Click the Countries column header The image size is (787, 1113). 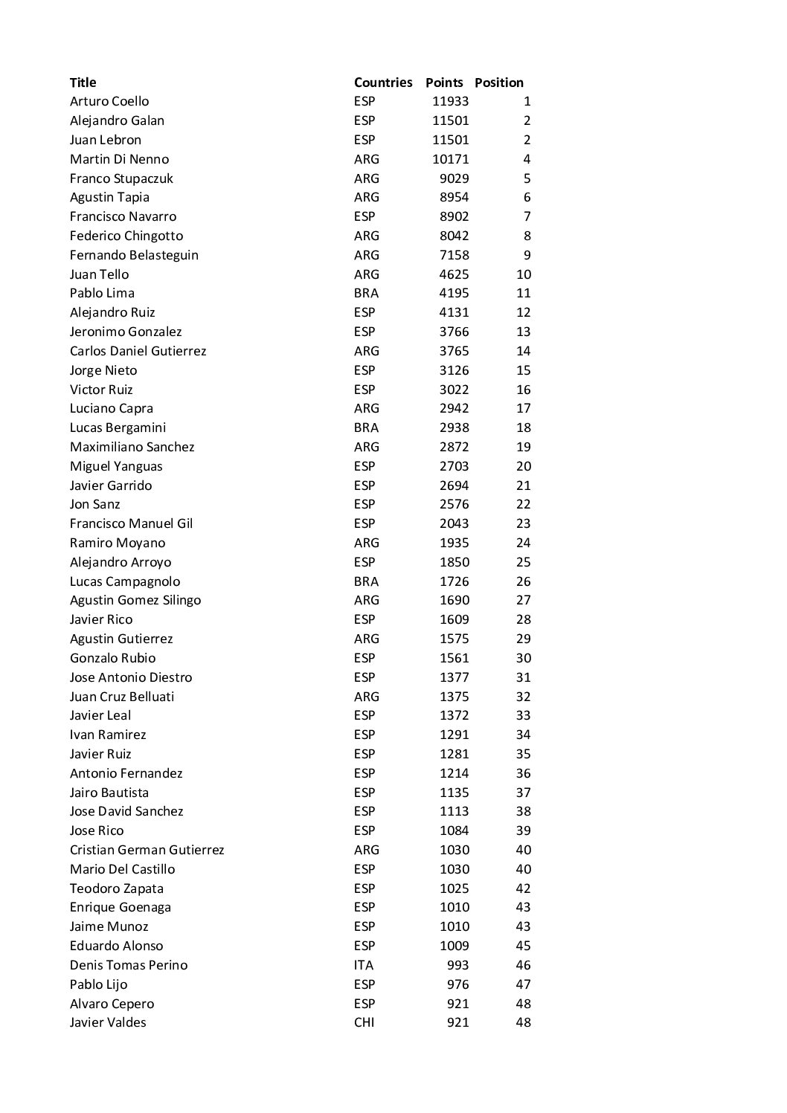pyautogui.click(x=382, y=83)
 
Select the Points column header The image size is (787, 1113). pyautogui.click(x=444, y=83)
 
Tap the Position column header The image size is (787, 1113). pyautogui.click(x=498, y=83)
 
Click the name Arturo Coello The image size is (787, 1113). pyautogui.click(x=109, y=101)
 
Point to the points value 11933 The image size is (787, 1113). pyautogui.click(x=450, y=101)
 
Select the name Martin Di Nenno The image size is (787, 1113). pyautogui.click(x=119, y=159)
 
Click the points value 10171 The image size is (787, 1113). pyautogui.click(x=450, y=159)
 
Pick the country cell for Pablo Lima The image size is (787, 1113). pyautogui.click(x=366, y=293)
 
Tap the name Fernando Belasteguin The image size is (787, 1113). pyautogui.click(x=134, y=255)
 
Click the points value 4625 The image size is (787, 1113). pyautogui.click(x=454, y=274)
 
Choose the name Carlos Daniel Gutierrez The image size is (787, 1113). pyautogui.click(x=138, y=351)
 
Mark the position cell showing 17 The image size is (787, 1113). pyautogui.click(x=523, y=408)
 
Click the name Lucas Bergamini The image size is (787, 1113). pyautogui.click(x=118, y=428)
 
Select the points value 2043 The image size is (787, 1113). pyautogui.click(x=454, y=523)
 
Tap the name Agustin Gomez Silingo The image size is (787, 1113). pyautogui.click(x=135, y=600)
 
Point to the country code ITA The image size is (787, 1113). pyautogui.click(x=364, y=965)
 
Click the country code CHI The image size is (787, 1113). pyautogui.click(x=364, y=1022)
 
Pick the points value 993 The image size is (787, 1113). pyautogui.click(x=457, y=965)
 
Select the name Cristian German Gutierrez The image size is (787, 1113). pyautogui.click(x=147, y=850)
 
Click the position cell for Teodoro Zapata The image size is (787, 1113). pyautogui.click(x=523, y=888)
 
